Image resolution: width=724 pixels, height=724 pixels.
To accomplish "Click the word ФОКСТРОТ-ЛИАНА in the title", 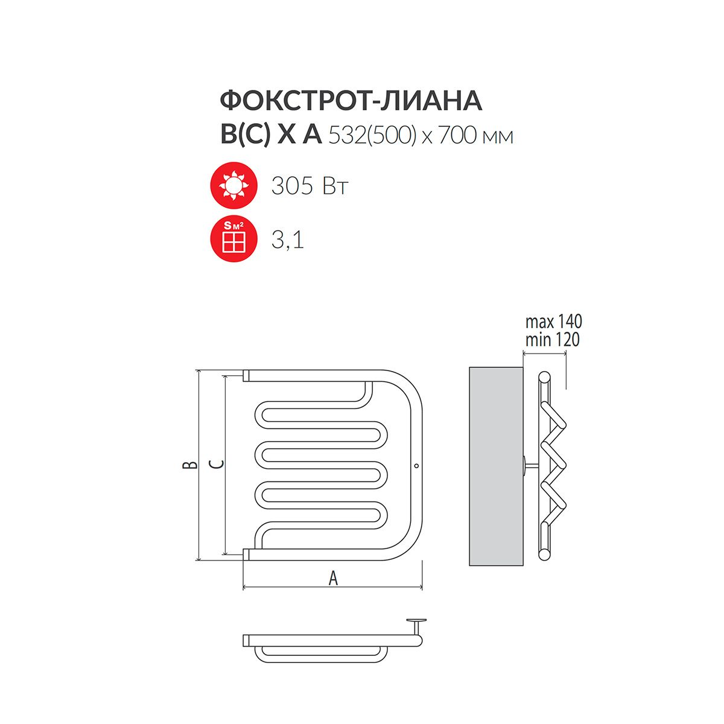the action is tap(351, 101).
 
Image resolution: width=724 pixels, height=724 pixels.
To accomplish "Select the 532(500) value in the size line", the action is tap(373, 136).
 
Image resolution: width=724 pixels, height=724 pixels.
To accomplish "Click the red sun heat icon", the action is tap(233, 185).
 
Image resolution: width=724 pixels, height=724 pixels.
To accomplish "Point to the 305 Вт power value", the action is tap(310, 186).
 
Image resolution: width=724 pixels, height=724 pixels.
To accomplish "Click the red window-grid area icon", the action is tap(233, 238).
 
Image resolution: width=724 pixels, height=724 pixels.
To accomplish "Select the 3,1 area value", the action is tap(287, 240).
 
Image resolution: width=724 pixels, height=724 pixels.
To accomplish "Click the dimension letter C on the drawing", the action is tap(217, 465).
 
